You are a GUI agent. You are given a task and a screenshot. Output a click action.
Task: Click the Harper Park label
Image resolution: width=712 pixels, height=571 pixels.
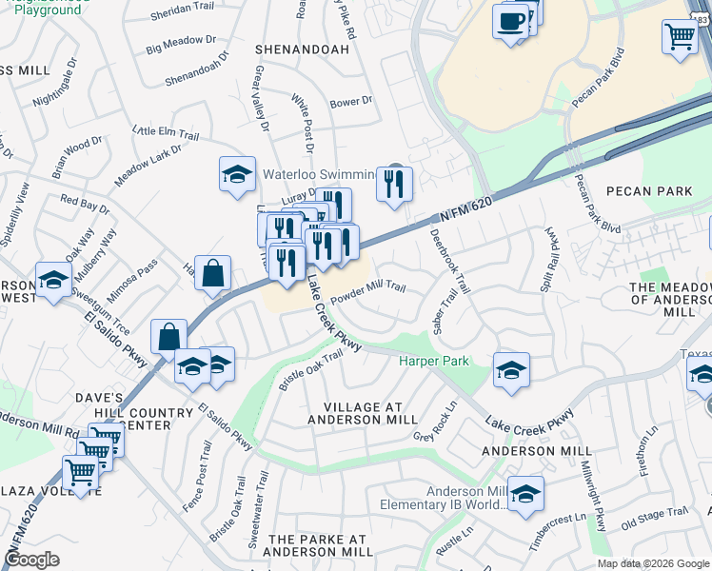click(x=433, y=362)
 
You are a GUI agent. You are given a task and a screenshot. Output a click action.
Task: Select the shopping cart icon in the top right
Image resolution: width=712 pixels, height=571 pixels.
click(x=680, y=38)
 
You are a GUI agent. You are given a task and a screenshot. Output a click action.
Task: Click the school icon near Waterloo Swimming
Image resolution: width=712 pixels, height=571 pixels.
click(x=237, y=175)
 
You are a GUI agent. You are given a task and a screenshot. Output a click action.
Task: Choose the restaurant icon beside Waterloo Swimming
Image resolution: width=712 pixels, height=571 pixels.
click(x=394, y=183)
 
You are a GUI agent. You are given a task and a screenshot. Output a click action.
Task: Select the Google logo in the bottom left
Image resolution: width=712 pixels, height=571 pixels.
click(x=32, y=560)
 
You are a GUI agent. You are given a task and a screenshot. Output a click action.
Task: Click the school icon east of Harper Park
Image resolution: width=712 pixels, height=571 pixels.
click(x=511, y=371)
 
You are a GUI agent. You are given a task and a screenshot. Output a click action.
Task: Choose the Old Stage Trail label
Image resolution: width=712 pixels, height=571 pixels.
click(x=654, y=518)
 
